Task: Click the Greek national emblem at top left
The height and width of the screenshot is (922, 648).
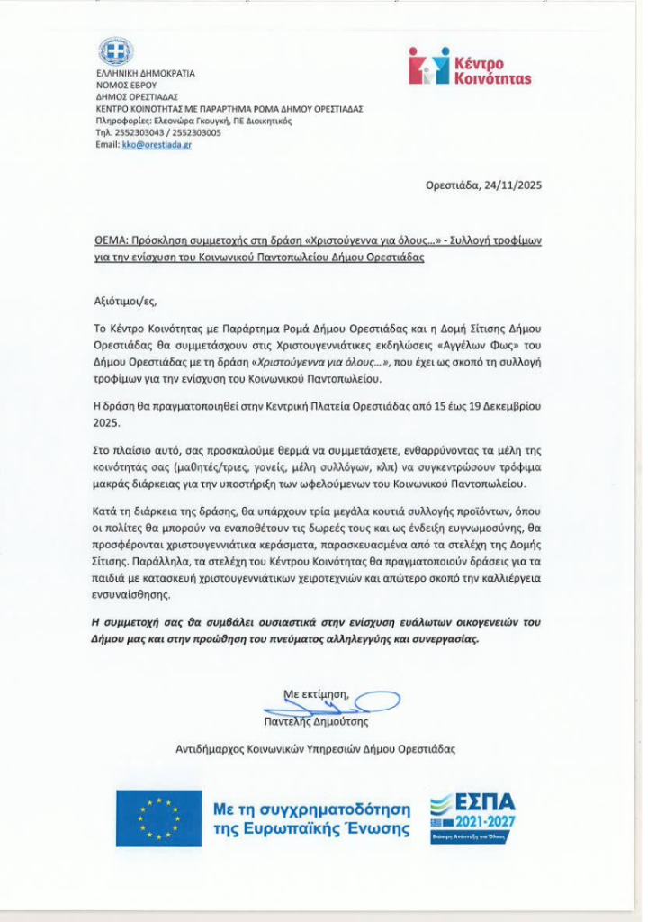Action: [x=115, y=51]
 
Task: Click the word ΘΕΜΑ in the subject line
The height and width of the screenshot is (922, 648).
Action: [x=111, y=242]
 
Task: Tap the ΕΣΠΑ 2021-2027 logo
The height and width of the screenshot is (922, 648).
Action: [x=472, y=818]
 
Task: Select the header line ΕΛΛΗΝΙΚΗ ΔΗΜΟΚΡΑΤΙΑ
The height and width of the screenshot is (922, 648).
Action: [x=145, y=73]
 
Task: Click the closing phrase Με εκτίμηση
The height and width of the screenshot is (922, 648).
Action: [x=316, y=695]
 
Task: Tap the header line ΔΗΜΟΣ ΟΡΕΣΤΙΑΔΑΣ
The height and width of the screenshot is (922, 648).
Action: [x=137, y=96]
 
